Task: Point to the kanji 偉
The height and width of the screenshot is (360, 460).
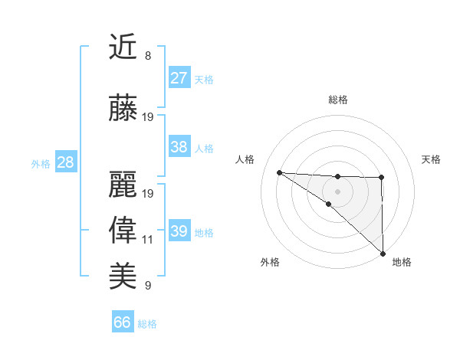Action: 123,231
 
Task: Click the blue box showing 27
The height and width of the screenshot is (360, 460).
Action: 179,78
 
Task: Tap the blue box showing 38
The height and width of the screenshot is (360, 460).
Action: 179,147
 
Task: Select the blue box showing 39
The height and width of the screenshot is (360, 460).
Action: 179,231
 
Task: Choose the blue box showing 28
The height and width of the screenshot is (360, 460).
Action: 65,162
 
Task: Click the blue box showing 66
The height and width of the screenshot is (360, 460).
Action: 123,322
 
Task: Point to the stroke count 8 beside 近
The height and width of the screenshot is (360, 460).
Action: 148,56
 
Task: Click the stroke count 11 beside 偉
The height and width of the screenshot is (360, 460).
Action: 148,240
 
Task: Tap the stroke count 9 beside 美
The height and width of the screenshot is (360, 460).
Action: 148,286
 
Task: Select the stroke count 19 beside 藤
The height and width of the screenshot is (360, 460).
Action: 148,117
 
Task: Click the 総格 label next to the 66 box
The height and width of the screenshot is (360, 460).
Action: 148,324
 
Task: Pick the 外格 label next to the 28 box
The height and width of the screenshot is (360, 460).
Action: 41,164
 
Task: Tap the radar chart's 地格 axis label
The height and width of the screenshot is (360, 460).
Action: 402,262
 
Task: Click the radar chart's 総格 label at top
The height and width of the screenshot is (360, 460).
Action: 338,100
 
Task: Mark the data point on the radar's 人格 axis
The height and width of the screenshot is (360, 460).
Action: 279,172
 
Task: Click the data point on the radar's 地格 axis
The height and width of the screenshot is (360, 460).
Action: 382,253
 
